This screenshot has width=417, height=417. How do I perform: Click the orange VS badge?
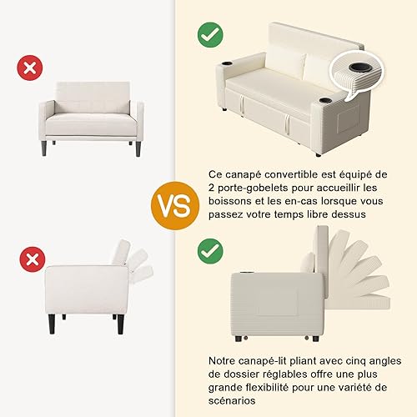coord(175,206)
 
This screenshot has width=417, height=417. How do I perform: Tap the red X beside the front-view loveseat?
coord(30,68)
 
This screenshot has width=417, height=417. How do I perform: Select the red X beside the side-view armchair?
coord(33,259)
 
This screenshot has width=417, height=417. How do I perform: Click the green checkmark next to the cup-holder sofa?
coord(210,35)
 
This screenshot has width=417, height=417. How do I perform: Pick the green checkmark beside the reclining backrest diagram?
coord(210,251)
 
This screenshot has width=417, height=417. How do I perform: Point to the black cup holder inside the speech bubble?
coord(359,68)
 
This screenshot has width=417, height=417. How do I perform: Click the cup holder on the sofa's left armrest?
coord(229,66)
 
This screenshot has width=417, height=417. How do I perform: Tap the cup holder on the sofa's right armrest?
coord(325,100)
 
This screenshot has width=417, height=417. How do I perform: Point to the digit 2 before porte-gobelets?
coord(212,188)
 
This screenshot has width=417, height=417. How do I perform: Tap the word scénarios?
coord(232,400)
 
